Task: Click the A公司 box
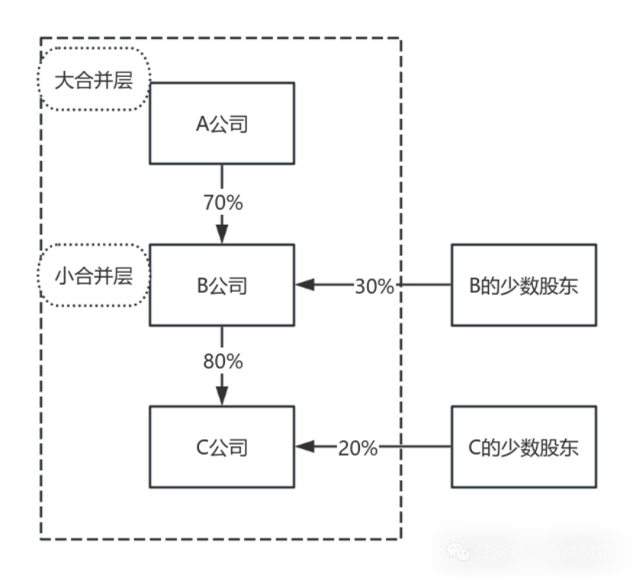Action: coord(222,123)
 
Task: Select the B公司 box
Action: coord(222,285)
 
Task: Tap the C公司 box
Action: coord(222,447)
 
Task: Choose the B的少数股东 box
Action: coord(524,285)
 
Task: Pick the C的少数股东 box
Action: coord(524,447)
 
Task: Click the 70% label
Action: coord(223,203)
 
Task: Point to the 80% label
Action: coord(223,361)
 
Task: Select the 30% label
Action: coord(374,286)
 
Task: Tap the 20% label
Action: coord(358,448)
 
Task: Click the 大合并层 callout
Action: coord(94,79)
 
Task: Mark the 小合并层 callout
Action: coord(94,275)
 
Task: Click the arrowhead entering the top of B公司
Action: coord(222,233)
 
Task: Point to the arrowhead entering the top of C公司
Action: coord(222,395)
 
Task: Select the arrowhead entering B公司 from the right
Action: coord(305,285)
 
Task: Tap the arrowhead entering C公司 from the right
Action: coord(305,447)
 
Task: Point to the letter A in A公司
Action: coord(203,124)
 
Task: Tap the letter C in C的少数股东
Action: coord(474,447)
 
